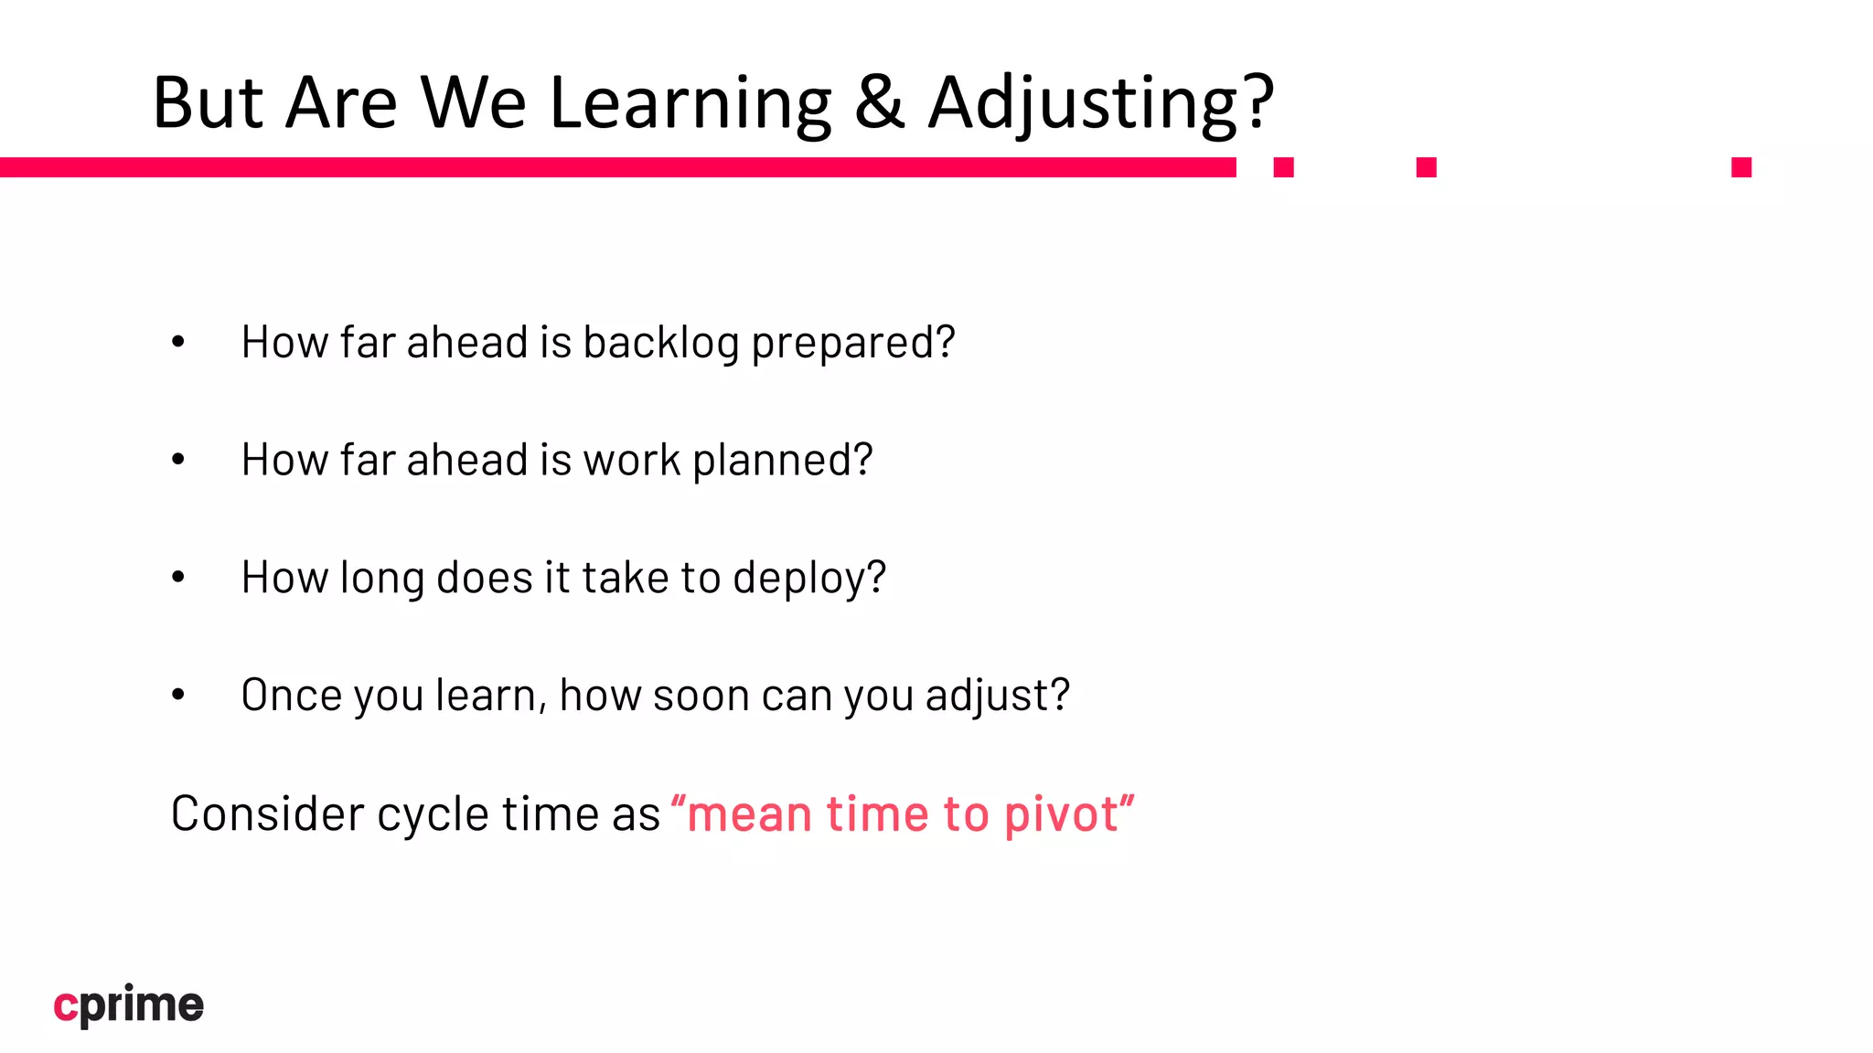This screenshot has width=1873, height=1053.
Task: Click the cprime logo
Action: coord(129,1005)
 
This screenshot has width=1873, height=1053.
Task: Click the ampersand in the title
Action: coord(879,102)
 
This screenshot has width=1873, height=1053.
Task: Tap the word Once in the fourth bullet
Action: coord(292,696)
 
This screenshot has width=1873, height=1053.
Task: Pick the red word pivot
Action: coord(1061,815)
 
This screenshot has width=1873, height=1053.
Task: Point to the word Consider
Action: coord(267,814)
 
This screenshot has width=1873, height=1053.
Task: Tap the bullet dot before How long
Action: coord(178,577)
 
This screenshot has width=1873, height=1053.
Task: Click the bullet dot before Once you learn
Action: coord(178,695)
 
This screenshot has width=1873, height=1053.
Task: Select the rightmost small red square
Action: coord(1741,167)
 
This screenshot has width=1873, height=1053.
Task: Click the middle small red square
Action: coord(1426,167)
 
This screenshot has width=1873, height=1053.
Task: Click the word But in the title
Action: coord(208,102)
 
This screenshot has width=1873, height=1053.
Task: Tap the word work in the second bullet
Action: coord(632,461)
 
